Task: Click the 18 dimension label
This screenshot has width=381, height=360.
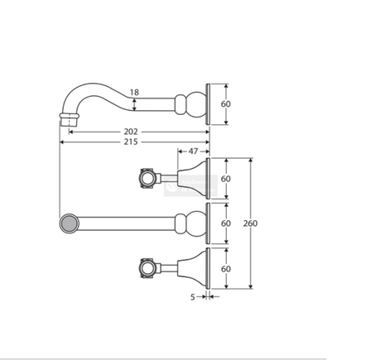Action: click(134, 92)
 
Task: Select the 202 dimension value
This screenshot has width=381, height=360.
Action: click(131, 132)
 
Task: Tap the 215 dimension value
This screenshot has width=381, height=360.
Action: click(131, 142)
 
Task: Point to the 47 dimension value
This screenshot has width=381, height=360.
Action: click(193, 151)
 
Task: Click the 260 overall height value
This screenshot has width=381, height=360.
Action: click(250, 223)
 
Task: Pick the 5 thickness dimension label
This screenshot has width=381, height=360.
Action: click(192, 297)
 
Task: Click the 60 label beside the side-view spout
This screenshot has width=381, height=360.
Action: click(225, 104)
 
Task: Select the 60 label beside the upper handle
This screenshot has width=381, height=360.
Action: click(225, 179)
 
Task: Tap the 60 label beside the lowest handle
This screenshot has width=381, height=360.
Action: click(225, 269)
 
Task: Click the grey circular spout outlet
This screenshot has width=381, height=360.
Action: click(70, 223)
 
